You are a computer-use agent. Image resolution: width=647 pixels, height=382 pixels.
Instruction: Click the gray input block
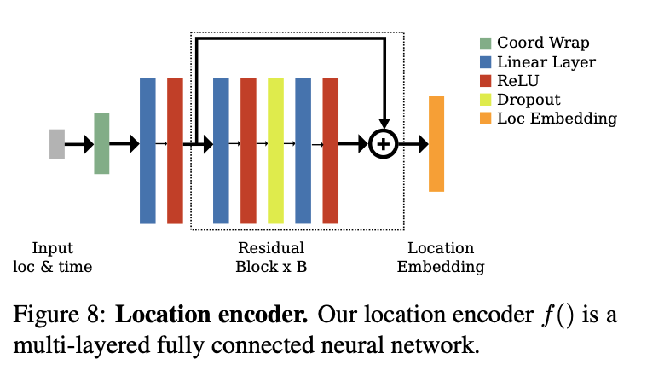(57, 144)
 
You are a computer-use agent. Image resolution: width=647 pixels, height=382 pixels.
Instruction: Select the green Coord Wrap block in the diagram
(101, 143)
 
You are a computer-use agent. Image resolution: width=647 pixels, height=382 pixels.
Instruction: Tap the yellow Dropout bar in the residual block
(275, 150)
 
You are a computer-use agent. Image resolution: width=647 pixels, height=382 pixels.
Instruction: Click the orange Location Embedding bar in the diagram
(436, 143)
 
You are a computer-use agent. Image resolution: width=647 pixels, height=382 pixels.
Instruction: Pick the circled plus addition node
(384, 144)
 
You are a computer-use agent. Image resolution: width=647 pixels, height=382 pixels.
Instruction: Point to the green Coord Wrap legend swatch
(485, 43)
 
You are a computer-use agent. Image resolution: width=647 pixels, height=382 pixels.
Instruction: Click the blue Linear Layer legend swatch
(485, 62)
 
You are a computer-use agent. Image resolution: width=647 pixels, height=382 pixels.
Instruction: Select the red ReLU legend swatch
(485, 81)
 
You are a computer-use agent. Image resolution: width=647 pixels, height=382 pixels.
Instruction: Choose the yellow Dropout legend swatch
(485, 100)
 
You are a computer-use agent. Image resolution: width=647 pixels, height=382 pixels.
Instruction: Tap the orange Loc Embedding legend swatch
(485, 119)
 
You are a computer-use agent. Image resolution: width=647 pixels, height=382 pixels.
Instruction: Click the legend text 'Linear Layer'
(546, 62)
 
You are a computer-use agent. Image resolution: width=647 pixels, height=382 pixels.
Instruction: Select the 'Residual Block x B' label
(271, 258)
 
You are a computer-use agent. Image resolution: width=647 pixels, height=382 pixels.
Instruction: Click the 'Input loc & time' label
(53, 258)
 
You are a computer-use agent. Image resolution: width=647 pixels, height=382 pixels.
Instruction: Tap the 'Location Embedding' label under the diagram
(441, 258)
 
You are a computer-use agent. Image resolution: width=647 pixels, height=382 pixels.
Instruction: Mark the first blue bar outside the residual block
(147, 150)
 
